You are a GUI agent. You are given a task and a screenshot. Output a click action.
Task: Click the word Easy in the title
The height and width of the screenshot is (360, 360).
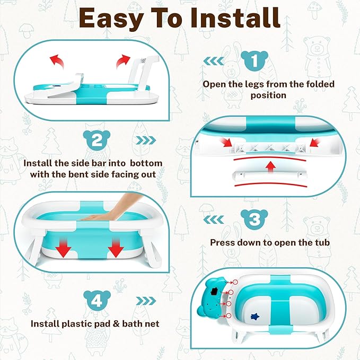click(111, 19)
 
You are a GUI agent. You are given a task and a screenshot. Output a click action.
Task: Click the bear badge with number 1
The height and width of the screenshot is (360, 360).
click(254, 60)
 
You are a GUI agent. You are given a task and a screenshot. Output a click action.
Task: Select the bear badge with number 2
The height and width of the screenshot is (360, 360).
click(96, 140)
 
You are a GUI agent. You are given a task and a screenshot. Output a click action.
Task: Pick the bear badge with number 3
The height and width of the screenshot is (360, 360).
click(254, 219)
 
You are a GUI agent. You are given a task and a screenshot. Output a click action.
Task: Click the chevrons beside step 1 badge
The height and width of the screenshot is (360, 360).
click(214, 61)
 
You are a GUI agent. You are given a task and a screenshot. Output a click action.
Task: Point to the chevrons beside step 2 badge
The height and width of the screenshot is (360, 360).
click(146, 141)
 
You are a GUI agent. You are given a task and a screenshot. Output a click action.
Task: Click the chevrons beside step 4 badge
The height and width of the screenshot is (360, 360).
click(146, 301)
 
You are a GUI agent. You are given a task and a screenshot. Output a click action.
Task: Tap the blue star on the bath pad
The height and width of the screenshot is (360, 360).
click(255, 317)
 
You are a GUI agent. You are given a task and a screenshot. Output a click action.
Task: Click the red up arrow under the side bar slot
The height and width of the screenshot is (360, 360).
click(271, 167)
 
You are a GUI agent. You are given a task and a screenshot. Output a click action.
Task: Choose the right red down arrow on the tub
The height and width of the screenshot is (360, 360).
click(116, 248)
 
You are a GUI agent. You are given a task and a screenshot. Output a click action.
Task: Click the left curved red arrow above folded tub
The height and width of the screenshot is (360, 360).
click(57, 61)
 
